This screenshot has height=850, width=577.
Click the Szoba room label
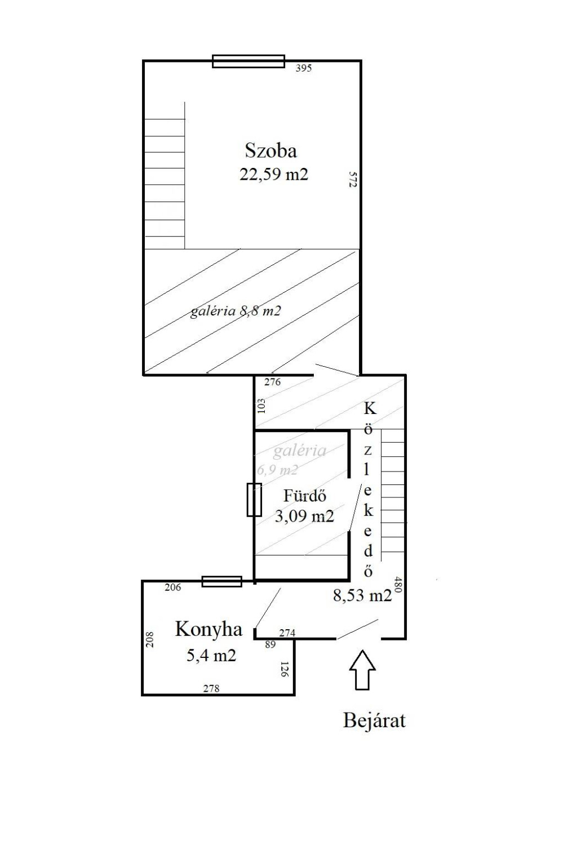(270, 150)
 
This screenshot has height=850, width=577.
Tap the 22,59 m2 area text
(274, 174)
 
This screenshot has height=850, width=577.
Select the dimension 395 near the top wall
(304, 68)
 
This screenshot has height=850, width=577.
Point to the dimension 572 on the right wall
(353, 179)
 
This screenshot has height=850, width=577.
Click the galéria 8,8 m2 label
(236, 311)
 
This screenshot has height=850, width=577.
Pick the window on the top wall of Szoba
(248, 61)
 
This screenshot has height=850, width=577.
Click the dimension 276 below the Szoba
(272, 382)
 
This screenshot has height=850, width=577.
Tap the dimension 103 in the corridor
(261, 406)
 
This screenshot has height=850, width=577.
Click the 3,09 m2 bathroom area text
(304, 517)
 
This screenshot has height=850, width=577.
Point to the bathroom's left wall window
(254, 500)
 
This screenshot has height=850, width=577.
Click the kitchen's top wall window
(221, 581)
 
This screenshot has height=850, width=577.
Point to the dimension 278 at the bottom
(211, 688)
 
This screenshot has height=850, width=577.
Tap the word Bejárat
(374, 720)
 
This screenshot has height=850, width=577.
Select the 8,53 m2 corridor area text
(362, 595)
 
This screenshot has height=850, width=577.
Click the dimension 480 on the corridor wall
(398, 585)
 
